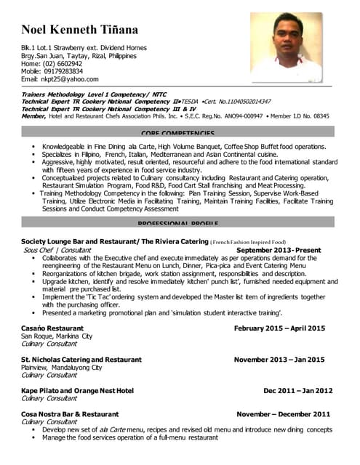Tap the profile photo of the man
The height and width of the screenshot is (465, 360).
[x=286, y=47]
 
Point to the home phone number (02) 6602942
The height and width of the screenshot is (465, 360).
[x=61, y=64]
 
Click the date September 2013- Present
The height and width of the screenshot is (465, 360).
[x=279, y=249]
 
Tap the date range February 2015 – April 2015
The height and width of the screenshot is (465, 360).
[x=279, y=328]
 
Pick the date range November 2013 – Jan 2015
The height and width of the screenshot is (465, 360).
[x=279, y=360]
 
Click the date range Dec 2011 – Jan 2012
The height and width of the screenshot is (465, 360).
[x=297, y=390]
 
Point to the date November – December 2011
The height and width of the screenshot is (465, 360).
[x=284, y=414]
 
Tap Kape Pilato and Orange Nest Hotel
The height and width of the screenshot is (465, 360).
[x=77, y=390]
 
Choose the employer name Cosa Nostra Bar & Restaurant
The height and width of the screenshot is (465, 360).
[x=70, y=414]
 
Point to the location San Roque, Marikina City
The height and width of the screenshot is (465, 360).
[x=57, y=336]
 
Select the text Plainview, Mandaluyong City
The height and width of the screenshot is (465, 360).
[x=61, y=368]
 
